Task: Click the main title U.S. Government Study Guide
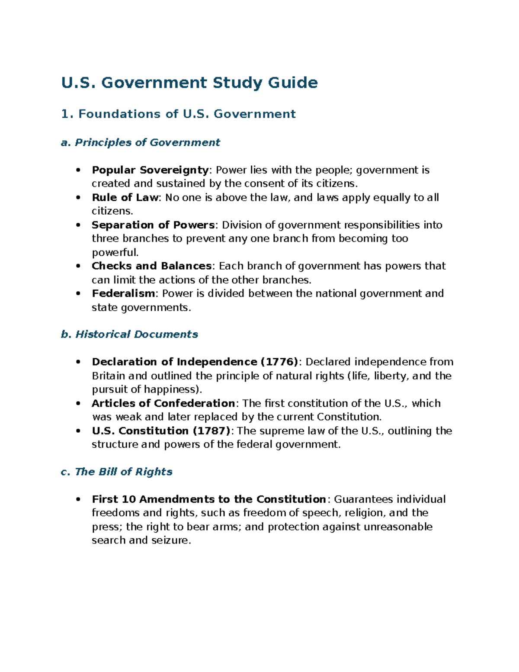click(x=189, y=82)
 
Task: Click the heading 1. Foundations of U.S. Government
click(x=178, y=114)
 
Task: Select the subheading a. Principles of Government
click(x=141, y=142)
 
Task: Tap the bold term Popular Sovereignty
click(x=150, y=170)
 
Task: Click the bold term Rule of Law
click(x=125, y=198)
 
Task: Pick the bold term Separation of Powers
click(x=153, y=225)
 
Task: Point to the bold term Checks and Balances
click(x=151, y=266)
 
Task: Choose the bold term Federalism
click(x=123, y=293)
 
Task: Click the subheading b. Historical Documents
click(x=129, y=334)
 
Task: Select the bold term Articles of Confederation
click(x=163, y=403)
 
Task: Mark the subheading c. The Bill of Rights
click(x=117, y=472)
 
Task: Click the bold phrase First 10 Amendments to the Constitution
click(x=208, y=499)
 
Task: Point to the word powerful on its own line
click(x=115, y=252)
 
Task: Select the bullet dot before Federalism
click(x=78, y=293)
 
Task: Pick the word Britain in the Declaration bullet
click(x=109, y=376)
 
